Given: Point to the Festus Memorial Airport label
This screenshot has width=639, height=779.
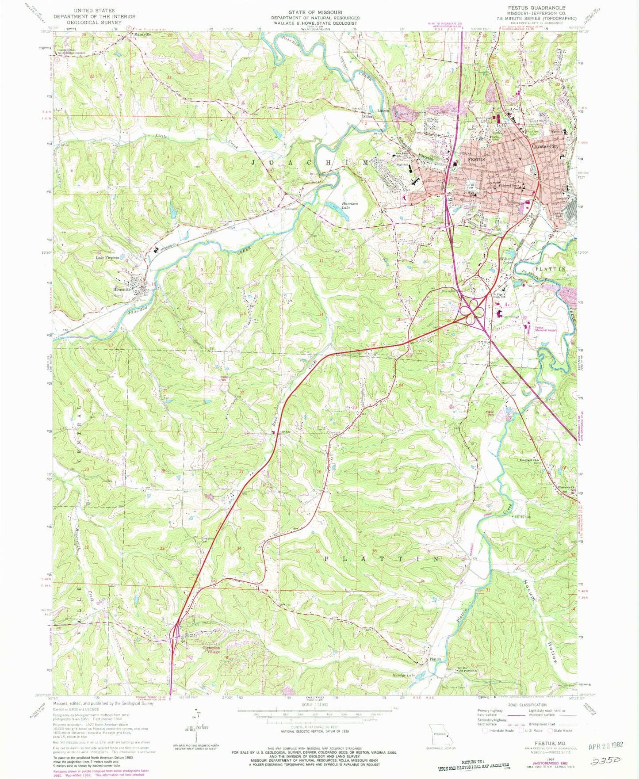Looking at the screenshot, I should point(545,329).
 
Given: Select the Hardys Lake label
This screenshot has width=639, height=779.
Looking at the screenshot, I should point(404,675).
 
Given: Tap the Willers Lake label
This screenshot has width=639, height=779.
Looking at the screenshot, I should point(506,260).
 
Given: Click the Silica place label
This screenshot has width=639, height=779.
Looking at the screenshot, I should point(368,117).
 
